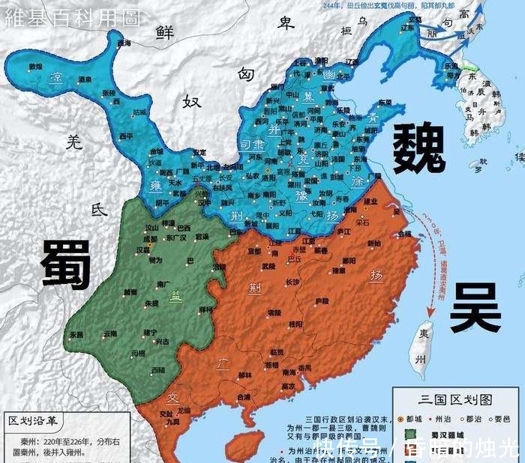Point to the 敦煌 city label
point(35,67)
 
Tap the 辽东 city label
point(408,27)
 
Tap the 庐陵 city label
point(322,300)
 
